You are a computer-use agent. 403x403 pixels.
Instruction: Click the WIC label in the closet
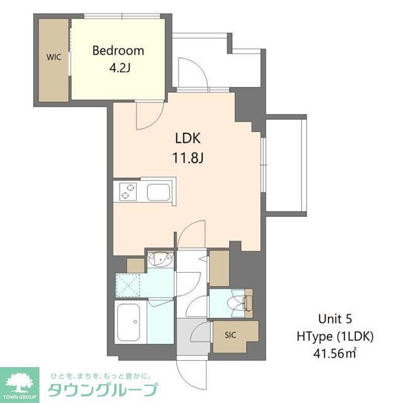[x=53, y=57]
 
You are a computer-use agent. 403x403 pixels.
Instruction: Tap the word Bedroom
[x=118, y=51]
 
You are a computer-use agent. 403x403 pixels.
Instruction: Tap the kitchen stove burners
[x=127, y=190]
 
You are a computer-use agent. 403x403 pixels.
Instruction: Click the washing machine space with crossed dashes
[x=131, y=285]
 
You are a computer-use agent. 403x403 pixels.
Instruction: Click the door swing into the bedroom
[x=149, y=114]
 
